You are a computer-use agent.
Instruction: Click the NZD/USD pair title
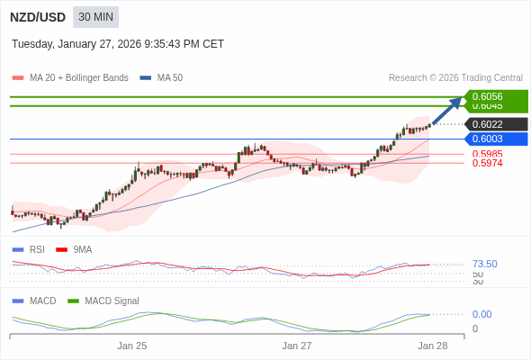pyautogui.click(x=38, y=17)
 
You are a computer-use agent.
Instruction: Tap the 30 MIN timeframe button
pyautogui.click(x=95, y=17)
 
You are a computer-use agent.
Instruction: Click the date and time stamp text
pyautogui.click(x=118, y=44)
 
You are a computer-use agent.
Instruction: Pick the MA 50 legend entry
pyautogui.click(x=162, y=78)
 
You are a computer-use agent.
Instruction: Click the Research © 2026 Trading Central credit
pyautogui.click(x=455, y=78)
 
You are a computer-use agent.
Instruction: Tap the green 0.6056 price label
pyautogui.click(x=496, y=96)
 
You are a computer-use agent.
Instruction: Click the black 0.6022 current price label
pyautogui.click(x=496, y=124)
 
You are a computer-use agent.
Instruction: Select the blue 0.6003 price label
pyautogui.click(x=496, y=139)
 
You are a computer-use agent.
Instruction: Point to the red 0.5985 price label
pyautogui.click(x=487, y=154)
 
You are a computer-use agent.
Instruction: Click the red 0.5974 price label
pyautogui.click(x=487, y=163)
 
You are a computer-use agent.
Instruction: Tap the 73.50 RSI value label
pyautogui.click(x=484, y=264)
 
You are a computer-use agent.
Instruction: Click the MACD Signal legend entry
pyautogui.click(x=103, y=301)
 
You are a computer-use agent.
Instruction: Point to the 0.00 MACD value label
pyautogui.click(x=481, y=314)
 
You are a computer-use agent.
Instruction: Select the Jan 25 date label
pyautogui.click(x=132, y=346)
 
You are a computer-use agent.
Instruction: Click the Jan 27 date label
pyautogui.click(x=297, y=346)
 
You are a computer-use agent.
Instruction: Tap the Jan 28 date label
pyautogui.click(x=432, y=346)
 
